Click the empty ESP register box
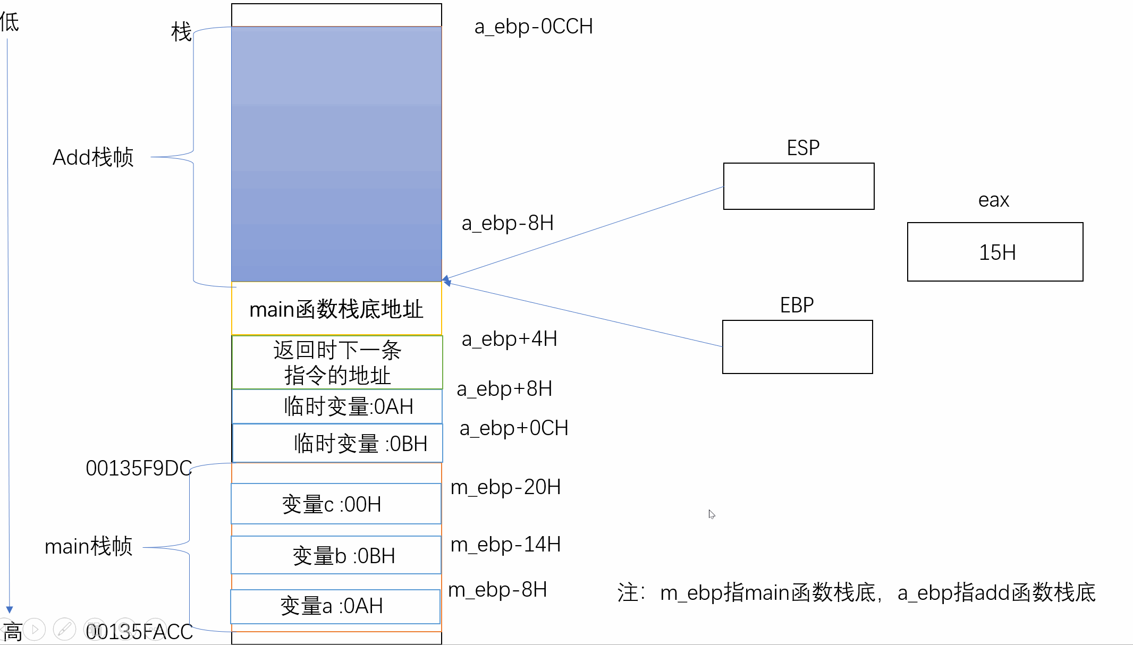coord(799,186)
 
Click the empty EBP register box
coord(797,347)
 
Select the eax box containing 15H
coord(995,252)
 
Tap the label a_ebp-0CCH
coord(534,27)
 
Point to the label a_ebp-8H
coord(508,223)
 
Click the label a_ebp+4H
coord(509,339)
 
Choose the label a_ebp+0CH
coord(514,428)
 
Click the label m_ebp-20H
coord(505,487)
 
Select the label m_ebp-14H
coord(505,545)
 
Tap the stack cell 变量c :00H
coord(336,504)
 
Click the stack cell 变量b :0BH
coord(336,555)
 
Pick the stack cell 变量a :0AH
coord(335,606)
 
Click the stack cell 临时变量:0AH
coord(337,406)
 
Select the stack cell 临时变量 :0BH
coord(337,443)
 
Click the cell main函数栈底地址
coord(336,309)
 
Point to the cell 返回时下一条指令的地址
coord(337,362)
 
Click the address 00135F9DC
coord(139,468)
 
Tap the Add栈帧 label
coord(93,157)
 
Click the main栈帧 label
coord(89,546)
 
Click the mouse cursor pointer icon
coord(711,514)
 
